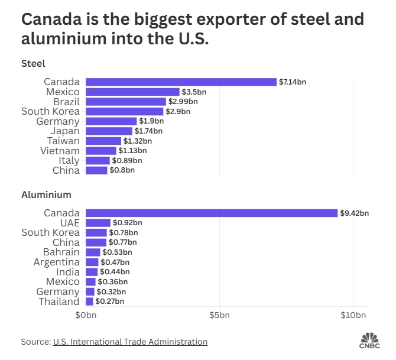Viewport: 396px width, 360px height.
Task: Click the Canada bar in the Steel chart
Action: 181,82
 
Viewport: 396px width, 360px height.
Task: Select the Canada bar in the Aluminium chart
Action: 212,213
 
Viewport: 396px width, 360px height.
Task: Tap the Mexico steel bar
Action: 132,92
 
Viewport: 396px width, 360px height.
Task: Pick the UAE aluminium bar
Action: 98,223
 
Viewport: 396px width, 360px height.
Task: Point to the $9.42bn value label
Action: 355,213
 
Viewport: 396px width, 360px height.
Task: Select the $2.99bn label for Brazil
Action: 183,102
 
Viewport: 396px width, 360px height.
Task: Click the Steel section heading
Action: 33,63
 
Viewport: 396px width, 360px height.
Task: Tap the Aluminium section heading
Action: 46,194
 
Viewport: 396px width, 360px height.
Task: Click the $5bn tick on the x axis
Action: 219,316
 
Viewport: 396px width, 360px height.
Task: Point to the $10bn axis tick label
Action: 353,316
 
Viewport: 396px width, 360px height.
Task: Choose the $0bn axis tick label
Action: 86,316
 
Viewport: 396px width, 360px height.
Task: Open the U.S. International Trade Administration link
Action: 130,342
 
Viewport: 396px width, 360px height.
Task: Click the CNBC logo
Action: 370,341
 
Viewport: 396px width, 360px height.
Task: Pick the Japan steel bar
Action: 109,131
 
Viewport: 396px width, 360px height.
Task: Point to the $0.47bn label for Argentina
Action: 115,262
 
